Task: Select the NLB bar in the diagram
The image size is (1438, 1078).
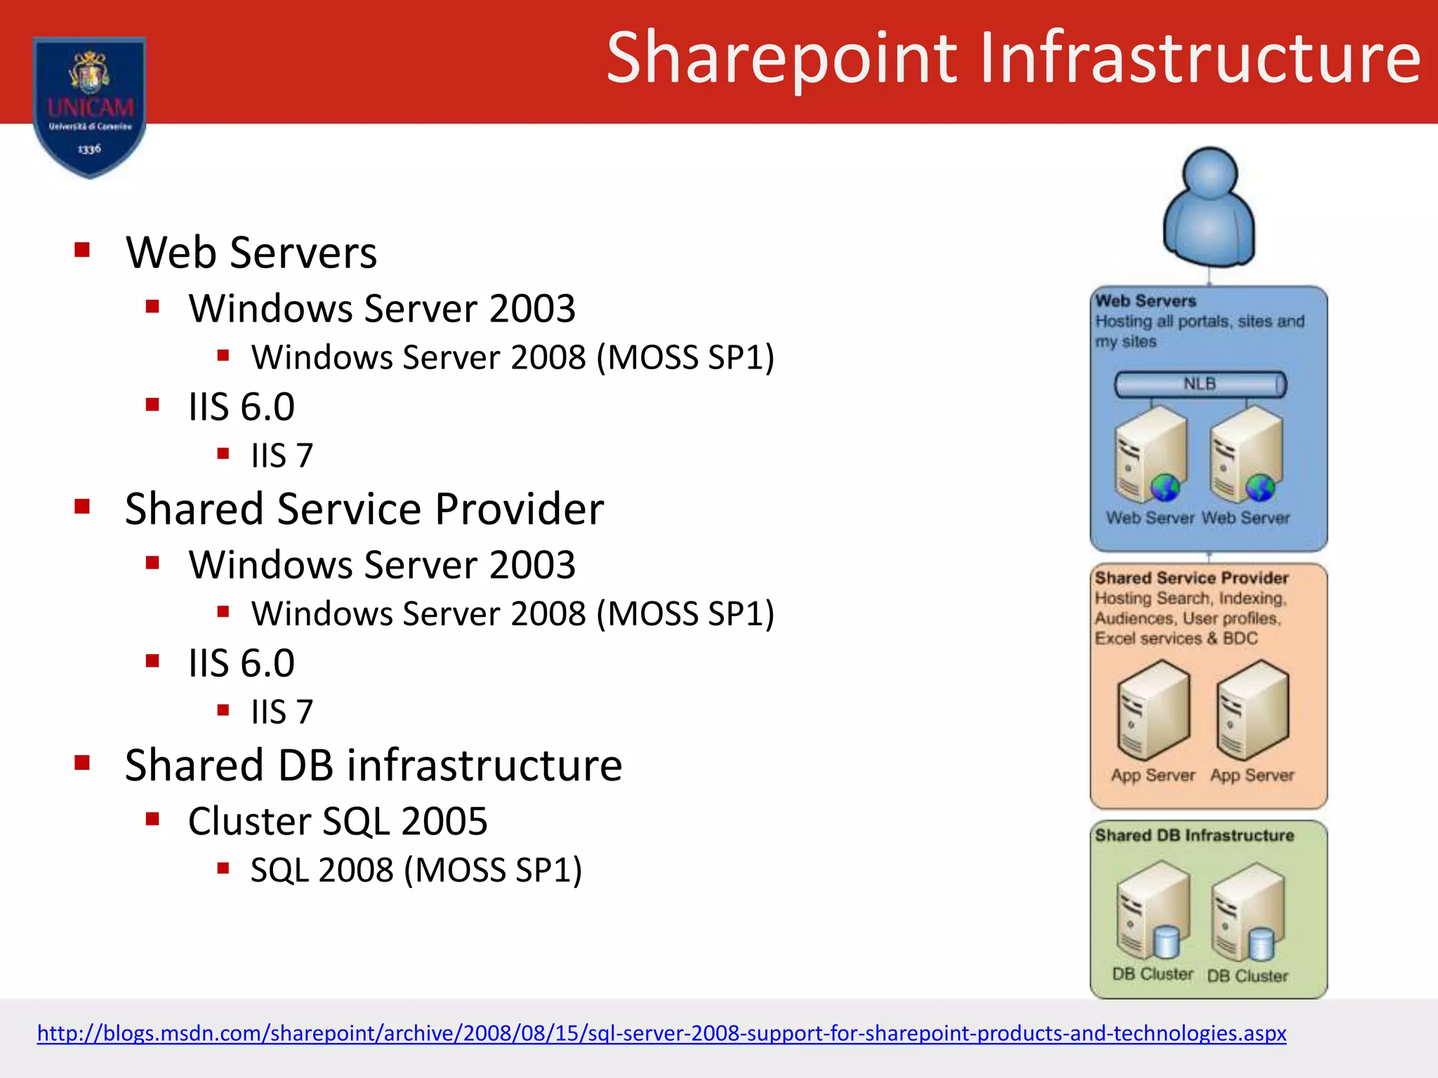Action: [x=1200, y=385]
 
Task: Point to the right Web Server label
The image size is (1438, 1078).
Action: [x=1246, y=518]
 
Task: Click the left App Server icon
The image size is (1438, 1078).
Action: [x=1153, y=710]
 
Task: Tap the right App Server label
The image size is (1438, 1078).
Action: [x=1252, y=776]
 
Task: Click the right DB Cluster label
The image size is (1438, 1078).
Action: [x=1248, y=976]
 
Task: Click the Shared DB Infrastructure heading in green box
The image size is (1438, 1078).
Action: [x=1194, y=835]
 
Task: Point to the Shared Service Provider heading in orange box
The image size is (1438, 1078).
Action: [x=1192, y=578]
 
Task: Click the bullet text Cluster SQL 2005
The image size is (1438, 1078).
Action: [x=338, y=821]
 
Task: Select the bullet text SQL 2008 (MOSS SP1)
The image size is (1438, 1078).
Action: [x=416, y=870]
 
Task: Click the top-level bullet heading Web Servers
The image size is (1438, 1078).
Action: [x=251, y=253]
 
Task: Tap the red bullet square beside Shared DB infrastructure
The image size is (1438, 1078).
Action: [x=82, y=763]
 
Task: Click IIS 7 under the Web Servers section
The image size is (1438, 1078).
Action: [x=282, y=456]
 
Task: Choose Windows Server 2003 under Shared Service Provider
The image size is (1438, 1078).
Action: [x=382, y=565]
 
